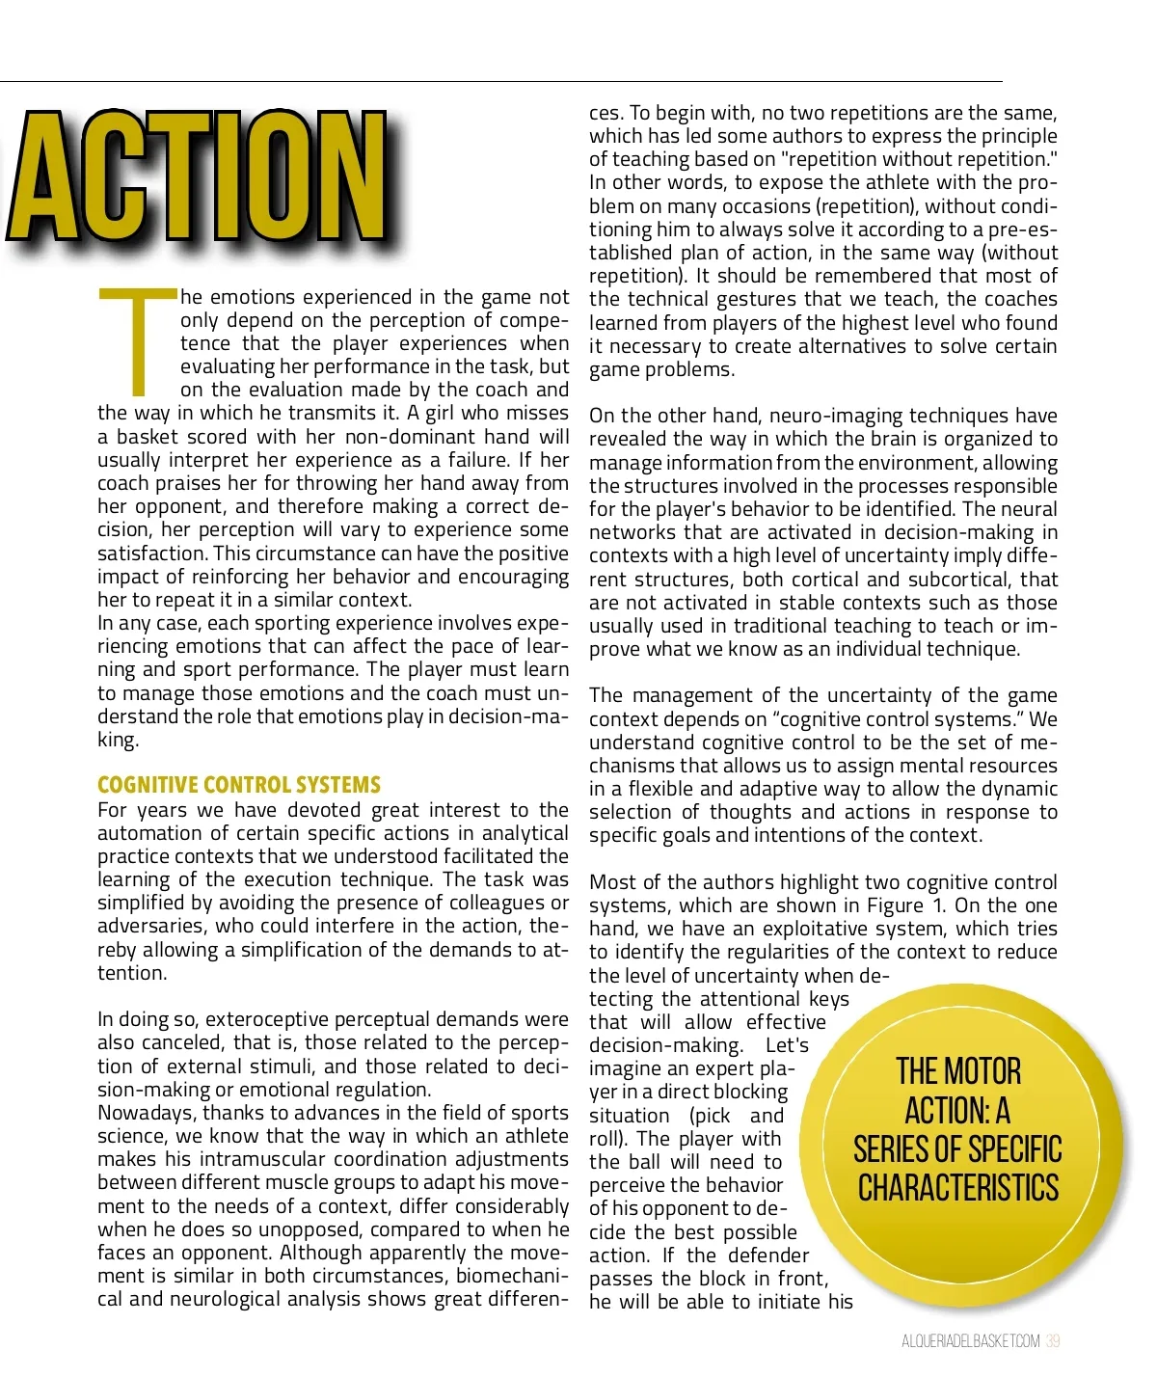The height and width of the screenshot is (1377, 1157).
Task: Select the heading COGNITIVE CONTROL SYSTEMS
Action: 239,785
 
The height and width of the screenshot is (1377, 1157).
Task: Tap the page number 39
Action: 1053,1341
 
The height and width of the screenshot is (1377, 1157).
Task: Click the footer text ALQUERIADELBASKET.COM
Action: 971,1341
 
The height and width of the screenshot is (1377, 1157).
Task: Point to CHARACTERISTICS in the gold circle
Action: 958,1188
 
